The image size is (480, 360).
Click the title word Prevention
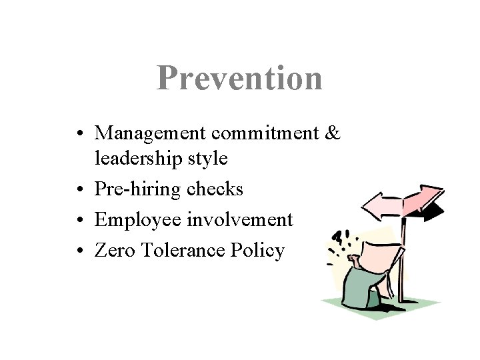point(240,79)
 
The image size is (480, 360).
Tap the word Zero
point(113,250)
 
